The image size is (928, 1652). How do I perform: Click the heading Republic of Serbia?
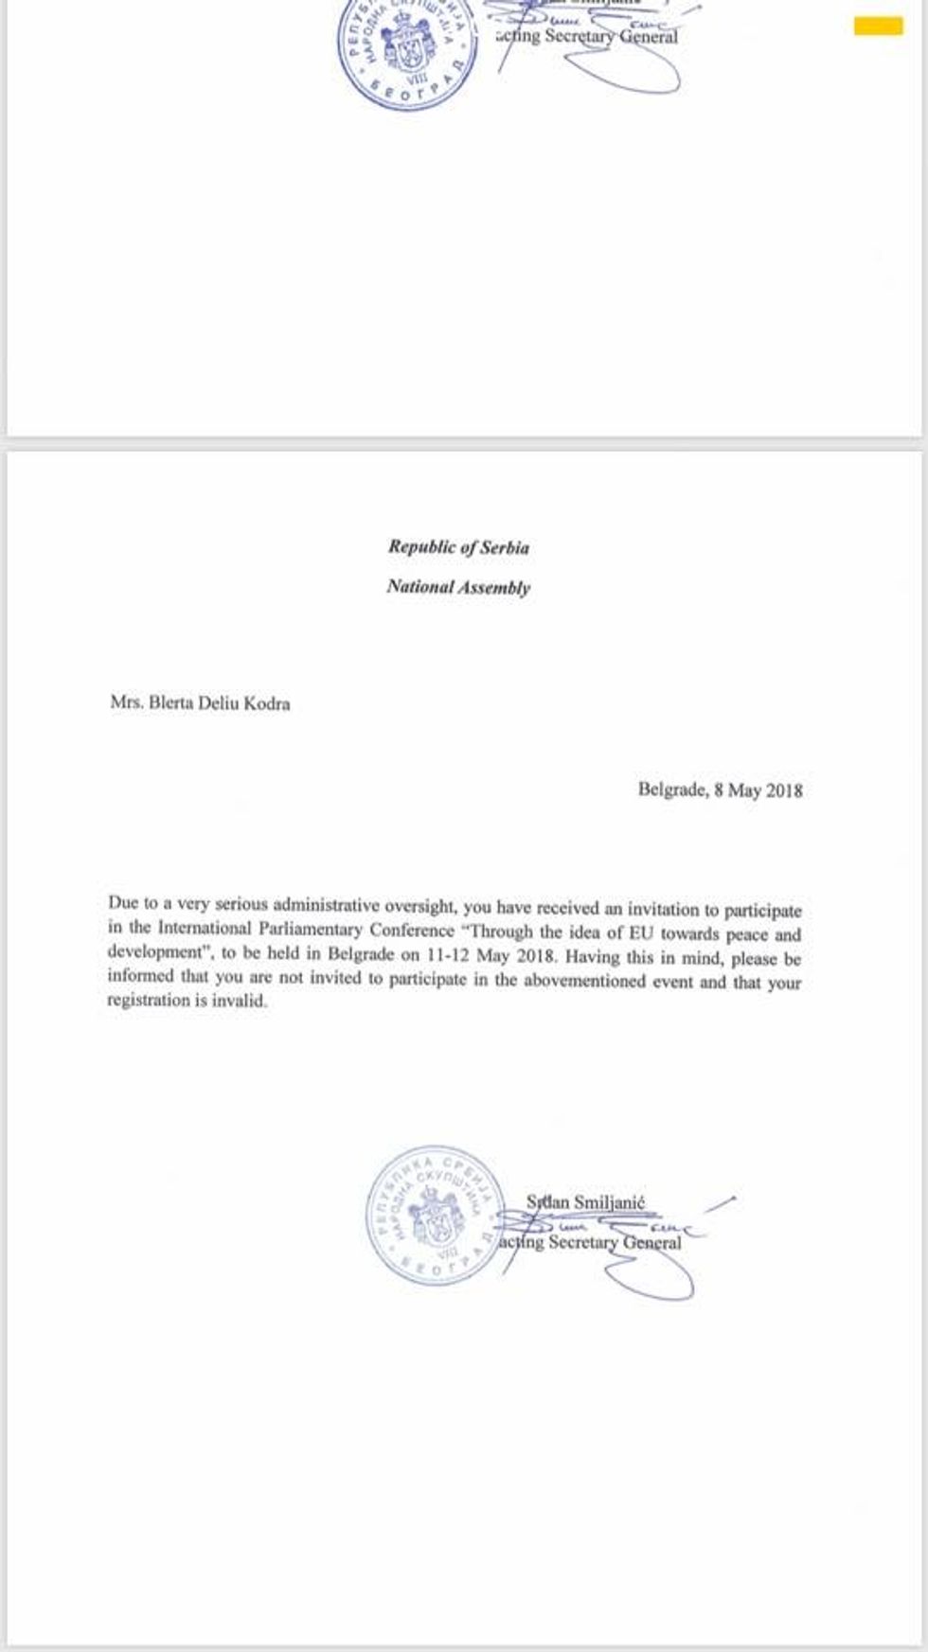[x=458, y=547]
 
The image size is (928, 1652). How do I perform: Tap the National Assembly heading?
[x=458, y=587]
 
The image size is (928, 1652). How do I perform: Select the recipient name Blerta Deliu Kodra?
[x=219, y=703]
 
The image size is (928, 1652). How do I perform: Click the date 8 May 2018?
[x=758, y=790]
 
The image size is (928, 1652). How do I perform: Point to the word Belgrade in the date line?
[x=671, y=790]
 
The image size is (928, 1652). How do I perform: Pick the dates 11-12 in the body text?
[x=445, y=954]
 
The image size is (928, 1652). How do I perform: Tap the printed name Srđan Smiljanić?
[x=585, y=1202]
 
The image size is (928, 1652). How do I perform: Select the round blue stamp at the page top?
[x=407, y=47]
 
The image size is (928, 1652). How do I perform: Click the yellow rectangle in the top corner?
[x=878, y=26]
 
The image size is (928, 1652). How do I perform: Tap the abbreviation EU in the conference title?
[x=641, y=932]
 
